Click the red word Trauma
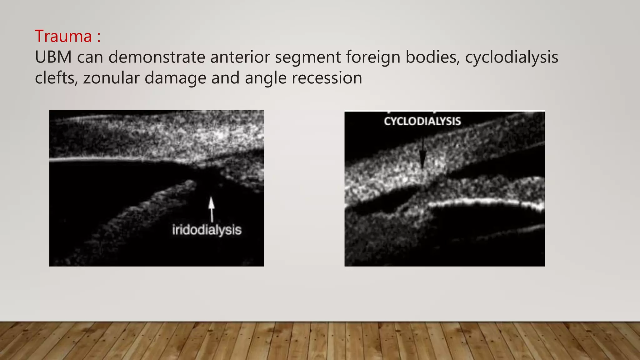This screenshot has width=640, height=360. [x=63, y=36]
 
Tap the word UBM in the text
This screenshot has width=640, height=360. [x=53, y=57]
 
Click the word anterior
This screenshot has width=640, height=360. [x=240, y=57]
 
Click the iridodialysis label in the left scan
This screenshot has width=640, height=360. [x=207, y=230]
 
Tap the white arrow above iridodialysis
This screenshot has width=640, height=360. [x=212, y=208]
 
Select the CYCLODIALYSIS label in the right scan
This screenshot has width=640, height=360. [x=422, y=121]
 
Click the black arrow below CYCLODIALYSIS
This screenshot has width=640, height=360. [x=422, y=155]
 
